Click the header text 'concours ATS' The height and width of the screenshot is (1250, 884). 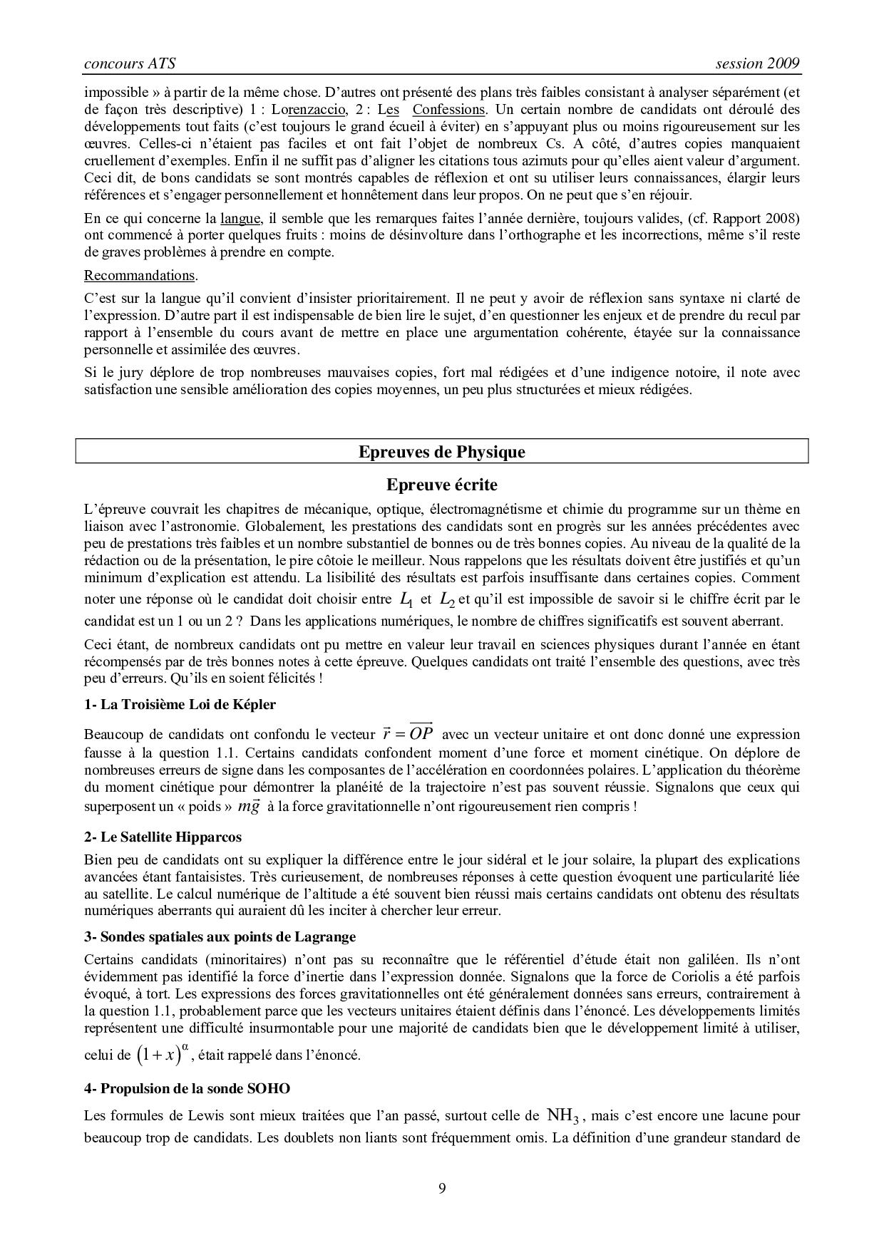click(x=130, y=63)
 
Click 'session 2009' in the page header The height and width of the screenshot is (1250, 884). click(x=758, y=63)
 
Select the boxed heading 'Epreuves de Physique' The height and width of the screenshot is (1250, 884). click(x=441, y=452)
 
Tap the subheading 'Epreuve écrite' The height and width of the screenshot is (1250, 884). click(x=441, y=485)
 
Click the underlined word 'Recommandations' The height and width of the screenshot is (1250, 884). click(x=140, y=275)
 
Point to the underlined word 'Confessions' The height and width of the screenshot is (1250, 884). click(x=448, y=109)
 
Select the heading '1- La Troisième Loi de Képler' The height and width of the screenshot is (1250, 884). click(x=180, y=704)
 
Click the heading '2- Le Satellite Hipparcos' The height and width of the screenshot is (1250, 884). click(x=163, y=837)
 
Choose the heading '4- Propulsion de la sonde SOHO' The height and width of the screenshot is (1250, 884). click(x=187, y=1088)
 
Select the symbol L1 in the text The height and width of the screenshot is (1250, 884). click(x=406, y=600)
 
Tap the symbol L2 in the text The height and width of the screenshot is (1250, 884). click(x=447, y=600)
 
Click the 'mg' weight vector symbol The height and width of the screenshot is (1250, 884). click(x=249, y=806)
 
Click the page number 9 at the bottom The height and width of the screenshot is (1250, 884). click(x=442, y=1188)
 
